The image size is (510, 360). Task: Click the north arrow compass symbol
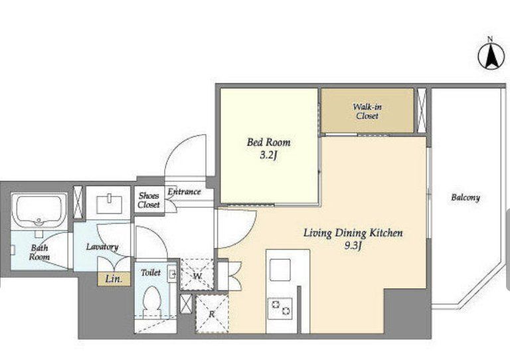pyautogui.click(x=491, y=56)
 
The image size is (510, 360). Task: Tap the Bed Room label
pyautogui.click(x=269, y=142)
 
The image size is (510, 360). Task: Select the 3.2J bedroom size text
pyautogui.click(x=268, y=156)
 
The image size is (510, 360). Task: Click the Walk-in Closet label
pyautogui.click(x=367, y=111)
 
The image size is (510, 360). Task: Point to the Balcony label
pyautogui.click(x=466, y=197)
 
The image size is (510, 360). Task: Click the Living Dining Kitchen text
pyautogui.click(x=353, y=233)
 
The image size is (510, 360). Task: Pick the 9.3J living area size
pyautogui.click(x=353, y=246)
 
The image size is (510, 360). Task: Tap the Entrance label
pyautogui.click(x=185, y=192)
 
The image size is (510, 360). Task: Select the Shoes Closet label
pyautogui.click(x=149, y=200)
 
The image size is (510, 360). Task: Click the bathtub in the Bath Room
pyautogui.click(x=39, y=211)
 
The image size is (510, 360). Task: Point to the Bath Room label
pyautogui.click(x=39, y=252)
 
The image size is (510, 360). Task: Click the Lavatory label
pyautogui.click(x=102, y=247)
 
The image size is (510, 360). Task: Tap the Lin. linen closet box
pyautogui.click(x=114, y=279)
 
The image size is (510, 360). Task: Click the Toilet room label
pyautogui.click(x=151, y=272)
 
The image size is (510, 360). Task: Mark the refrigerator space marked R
pyautogui.click(x=212, y=314)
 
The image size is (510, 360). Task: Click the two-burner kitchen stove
pyautogui.click(x=280, y=308)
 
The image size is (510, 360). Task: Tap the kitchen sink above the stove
pyautogui.click(x=280, y=270)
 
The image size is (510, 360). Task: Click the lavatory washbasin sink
pyautogui.click(x=110, y=203)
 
